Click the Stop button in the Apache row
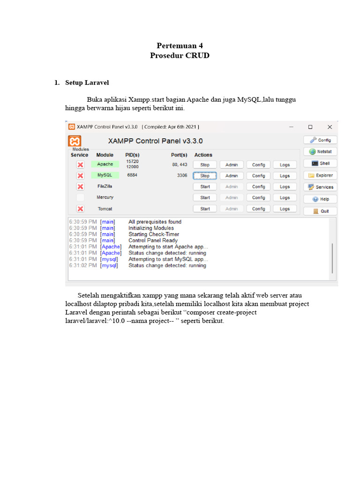[205, 165]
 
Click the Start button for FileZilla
[205, 187]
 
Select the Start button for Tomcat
[205, 209]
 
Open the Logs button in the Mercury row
[285, 198]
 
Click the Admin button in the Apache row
[232, 165]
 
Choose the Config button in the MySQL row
[258, 176]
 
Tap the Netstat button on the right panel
[320, 151]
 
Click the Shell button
[320, 164]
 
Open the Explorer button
[320, 175]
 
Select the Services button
[320, 187]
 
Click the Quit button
[320, 211]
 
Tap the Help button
[320, 199]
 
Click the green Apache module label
[105, 165]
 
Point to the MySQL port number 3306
[182, 175]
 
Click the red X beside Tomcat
[80, 209]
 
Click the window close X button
[330, 127]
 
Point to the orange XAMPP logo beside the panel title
[75, 141]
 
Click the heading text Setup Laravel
[87, 82]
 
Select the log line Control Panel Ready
[153, 240]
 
